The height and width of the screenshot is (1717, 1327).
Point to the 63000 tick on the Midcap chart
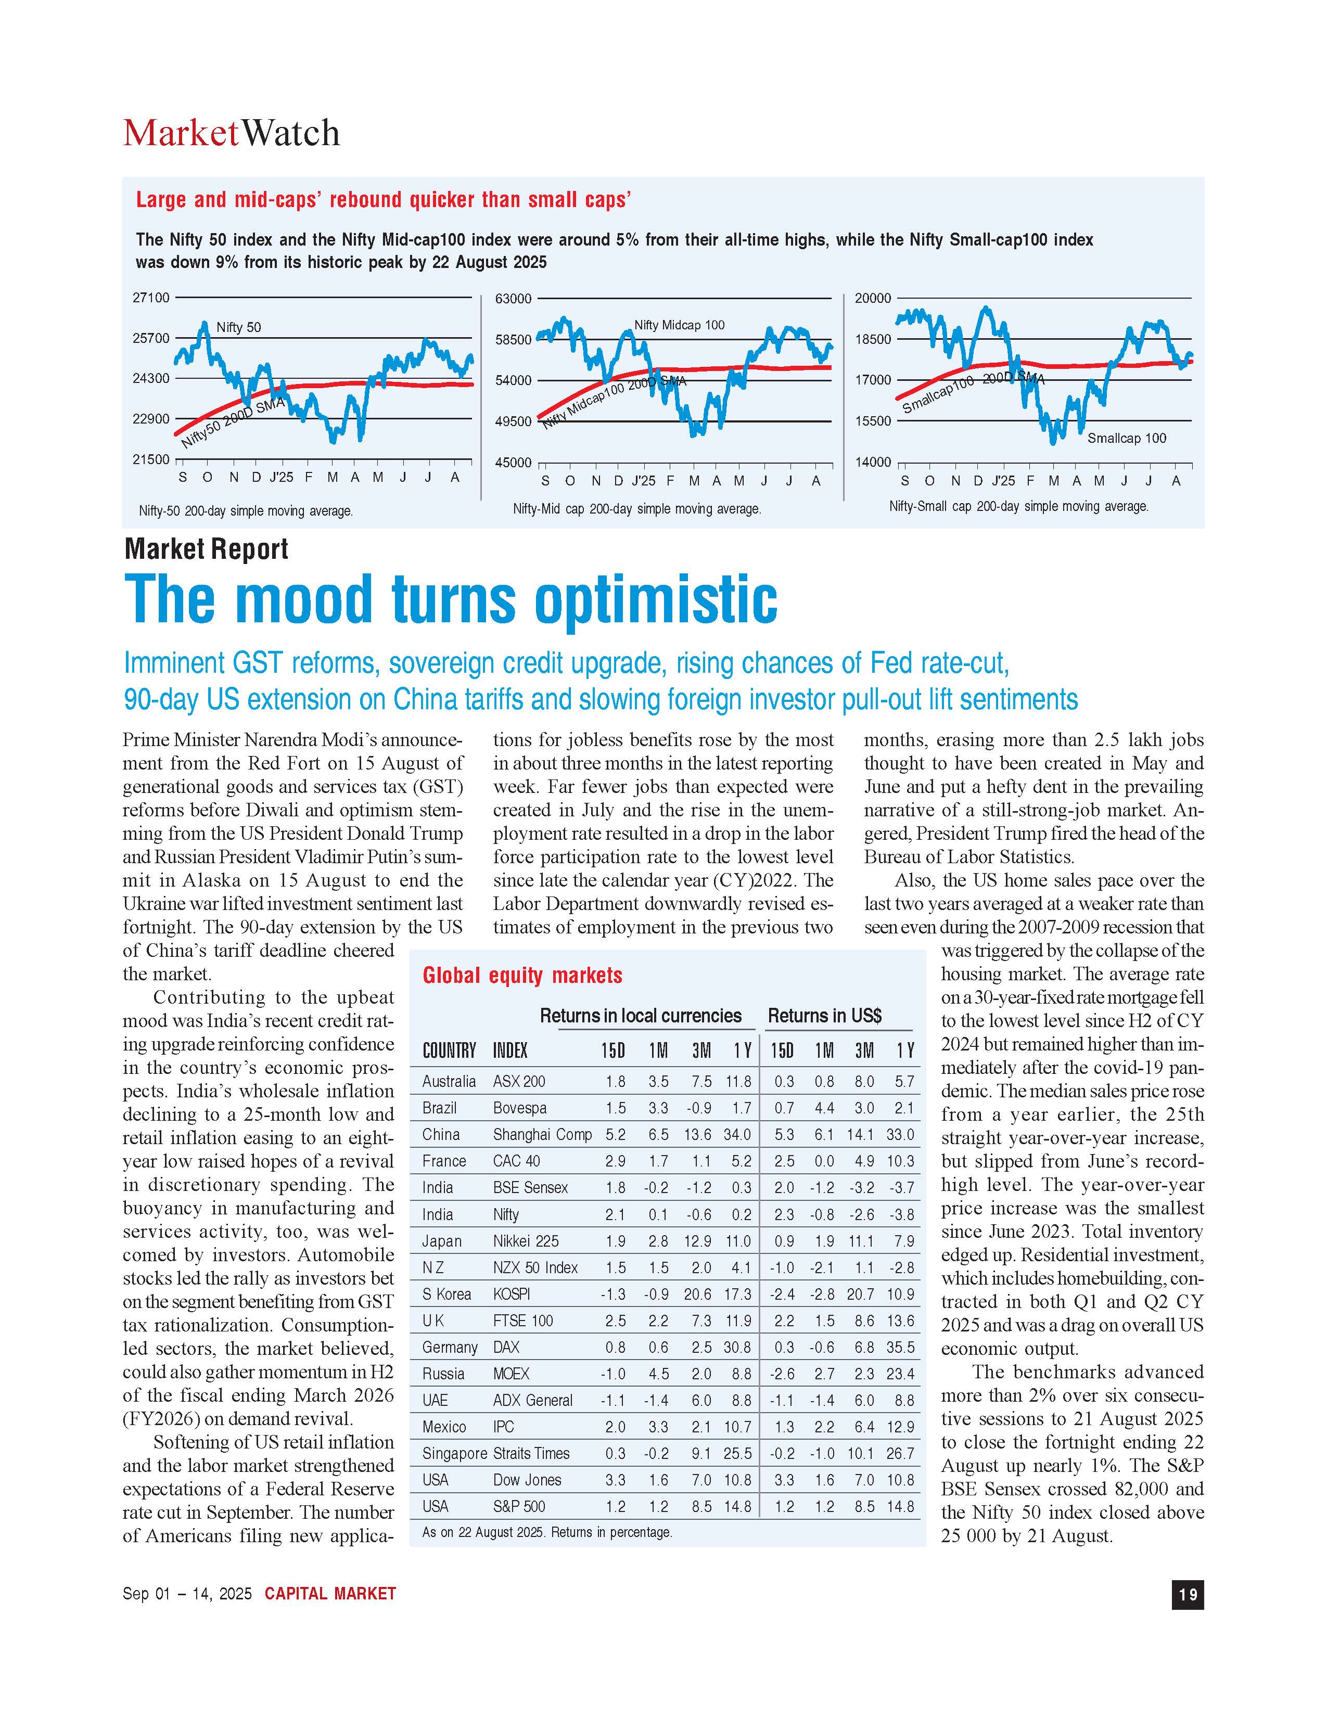513,299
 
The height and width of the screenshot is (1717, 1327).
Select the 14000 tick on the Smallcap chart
873,462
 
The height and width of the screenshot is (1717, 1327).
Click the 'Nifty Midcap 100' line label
679,325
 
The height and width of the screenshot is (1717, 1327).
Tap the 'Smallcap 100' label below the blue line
1127,438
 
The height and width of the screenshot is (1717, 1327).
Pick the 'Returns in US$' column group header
825,1016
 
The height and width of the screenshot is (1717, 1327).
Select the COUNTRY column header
449,1051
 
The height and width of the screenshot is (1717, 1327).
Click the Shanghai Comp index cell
542,1134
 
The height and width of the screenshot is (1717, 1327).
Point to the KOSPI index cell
511,1294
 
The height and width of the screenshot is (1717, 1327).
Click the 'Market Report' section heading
206,549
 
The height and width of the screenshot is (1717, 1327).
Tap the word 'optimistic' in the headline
656,600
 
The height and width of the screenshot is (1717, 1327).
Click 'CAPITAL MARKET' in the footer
330,1594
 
